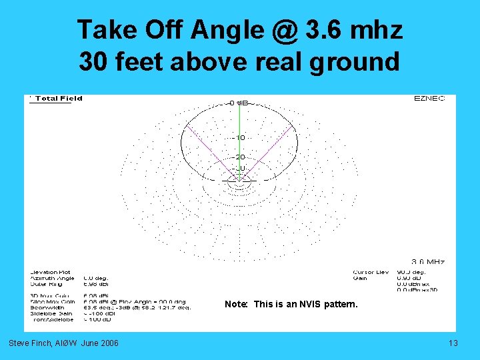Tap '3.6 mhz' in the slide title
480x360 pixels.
point(353,30)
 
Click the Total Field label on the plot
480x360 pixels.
point(59,99)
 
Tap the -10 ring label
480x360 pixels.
point(239,137)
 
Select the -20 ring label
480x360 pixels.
point(239,157)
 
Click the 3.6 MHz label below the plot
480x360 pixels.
point(428,262)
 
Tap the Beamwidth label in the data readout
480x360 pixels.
point(45,307)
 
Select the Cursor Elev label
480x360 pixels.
point(371,272)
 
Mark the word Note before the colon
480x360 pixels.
point(235,305)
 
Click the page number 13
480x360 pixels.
point(453,343)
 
